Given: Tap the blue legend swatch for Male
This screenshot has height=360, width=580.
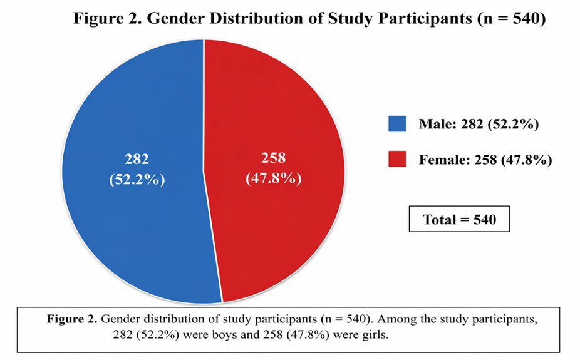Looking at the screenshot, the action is (397, 124).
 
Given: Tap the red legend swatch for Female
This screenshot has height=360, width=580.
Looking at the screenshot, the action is (397, 159).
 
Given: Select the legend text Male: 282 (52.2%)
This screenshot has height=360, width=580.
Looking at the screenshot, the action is (479, 124).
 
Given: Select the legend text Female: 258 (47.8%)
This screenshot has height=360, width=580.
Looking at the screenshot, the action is (485, 160).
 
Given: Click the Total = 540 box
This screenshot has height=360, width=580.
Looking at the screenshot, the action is (459, 219).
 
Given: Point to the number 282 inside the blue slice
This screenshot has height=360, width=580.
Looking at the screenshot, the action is (137, 159).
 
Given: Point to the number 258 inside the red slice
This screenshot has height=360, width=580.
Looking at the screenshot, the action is (273, 158).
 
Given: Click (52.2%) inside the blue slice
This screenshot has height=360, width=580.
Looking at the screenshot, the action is (137, 180).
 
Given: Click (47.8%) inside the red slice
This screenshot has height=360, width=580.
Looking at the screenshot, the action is (273, 178).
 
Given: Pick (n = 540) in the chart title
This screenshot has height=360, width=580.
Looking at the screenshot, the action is (512, 19).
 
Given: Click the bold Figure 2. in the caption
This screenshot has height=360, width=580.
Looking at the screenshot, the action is (72, 319).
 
